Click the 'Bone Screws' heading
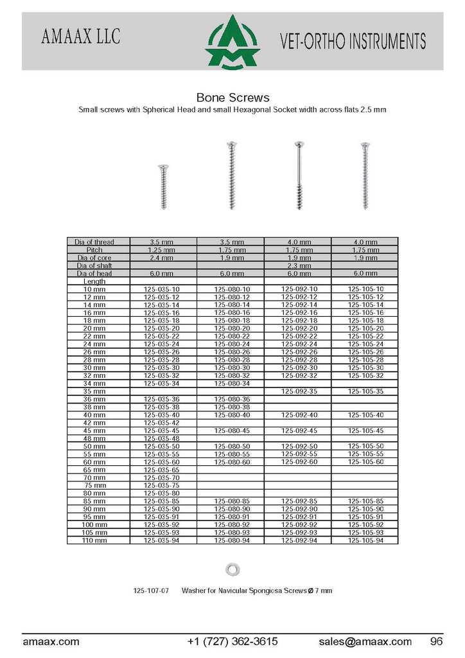[232, 98]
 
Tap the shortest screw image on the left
[163, 186]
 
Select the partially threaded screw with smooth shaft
[298, 175]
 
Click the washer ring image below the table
[232, 569]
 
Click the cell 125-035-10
[162, 290]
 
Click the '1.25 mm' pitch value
[162, 250]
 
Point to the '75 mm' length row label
[94, 485]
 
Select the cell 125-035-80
[162, 493]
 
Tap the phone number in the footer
[232, 641]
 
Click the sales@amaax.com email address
[365, 641]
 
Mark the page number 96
[437, 641]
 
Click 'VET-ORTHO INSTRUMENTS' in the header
[353, 42]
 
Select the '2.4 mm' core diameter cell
[162, 258]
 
